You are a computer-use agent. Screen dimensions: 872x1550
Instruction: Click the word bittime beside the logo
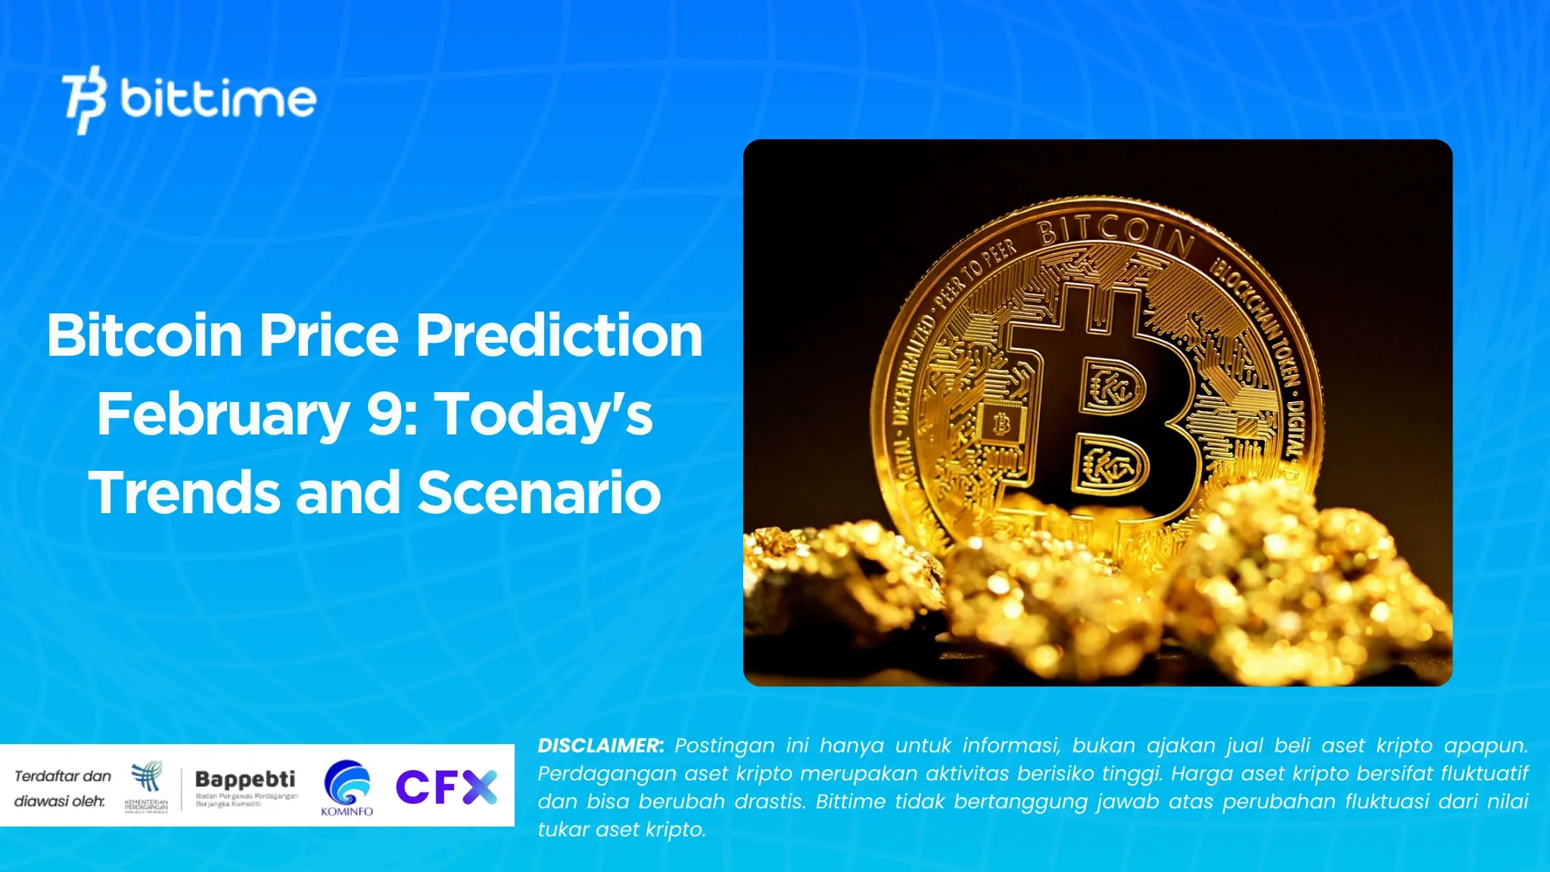218,99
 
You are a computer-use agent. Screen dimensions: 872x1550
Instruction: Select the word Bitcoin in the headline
144,335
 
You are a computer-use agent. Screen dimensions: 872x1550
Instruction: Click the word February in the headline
223,415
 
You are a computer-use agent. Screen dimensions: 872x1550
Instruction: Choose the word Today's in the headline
545,415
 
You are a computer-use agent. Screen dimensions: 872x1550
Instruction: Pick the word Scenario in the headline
539,493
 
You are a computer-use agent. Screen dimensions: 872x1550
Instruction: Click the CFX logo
446,787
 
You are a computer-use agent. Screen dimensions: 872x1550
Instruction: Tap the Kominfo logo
347,788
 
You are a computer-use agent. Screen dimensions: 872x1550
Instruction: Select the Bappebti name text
245,779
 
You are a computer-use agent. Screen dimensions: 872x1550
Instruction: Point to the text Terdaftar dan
63,776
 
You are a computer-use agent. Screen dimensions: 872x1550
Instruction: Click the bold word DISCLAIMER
600,746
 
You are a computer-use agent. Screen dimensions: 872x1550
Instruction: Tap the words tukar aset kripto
621,830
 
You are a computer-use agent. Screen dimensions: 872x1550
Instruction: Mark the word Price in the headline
328,335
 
